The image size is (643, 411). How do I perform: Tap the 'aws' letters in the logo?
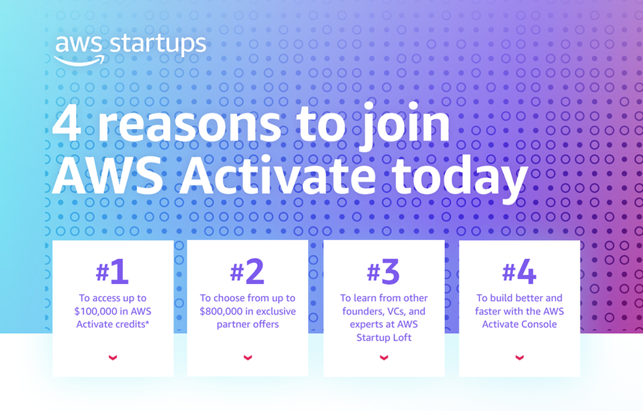tap(79, 44)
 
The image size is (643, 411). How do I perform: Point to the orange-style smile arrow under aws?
tap(79, 61)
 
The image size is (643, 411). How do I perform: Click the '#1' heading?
tap(112, 271)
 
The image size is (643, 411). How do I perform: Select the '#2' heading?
tap(247, 271)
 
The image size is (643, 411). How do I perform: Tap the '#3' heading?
tap(383, 271)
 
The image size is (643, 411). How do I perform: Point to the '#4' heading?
tap(519, 271)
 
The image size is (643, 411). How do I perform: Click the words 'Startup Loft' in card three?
tap(384, 338)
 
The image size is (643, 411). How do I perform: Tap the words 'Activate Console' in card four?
tap(519, 324)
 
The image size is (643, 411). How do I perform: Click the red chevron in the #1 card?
tap(113, 357)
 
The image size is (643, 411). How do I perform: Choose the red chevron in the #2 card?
tap(248, 357)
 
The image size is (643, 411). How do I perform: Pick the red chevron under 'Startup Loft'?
tap(384, 357)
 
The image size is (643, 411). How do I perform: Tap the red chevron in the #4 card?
tap(520, 357)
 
